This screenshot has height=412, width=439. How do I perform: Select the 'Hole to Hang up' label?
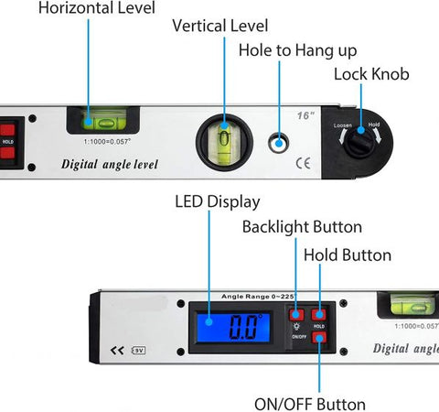point(296,49)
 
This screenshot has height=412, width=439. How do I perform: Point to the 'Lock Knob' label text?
point(370,74)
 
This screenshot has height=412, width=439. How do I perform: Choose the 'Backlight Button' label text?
point(302,226)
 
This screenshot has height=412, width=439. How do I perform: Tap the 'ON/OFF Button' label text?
point(309,404)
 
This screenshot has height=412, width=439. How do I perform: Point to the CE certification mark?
point(304,165)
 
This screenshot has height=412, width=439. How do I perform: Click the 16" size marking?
point(305,115)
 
